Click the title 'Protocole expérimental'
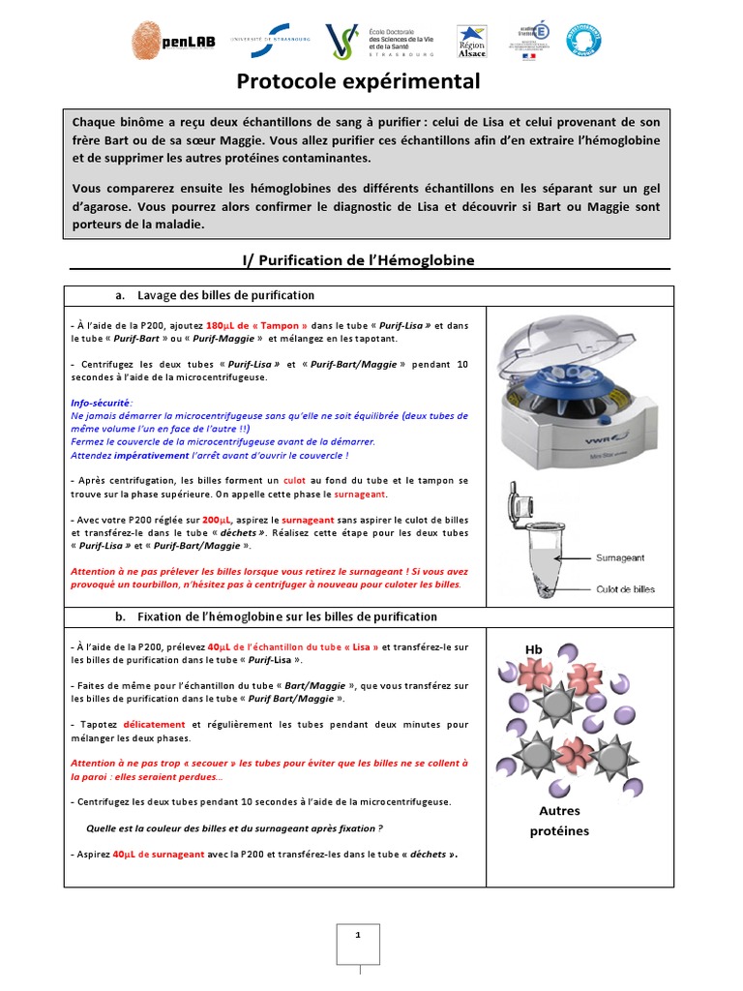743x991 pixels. coord(359,82)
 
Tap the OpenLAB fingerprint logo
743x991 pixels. coord(148,40)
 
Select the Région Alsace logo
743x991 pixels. coord(471,43)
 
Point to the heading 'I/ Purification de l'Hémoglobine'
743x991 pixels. coord(358,260)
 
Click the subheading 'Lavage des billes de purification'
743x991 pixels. coord(225,295)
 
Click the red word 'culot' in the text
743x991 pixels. coord(294,481)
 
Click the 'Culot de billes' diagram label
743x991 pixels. coord(625,589)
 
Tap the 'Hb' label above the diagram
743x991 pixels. coord(534,648)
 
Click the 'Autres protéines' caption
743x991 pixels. coord(559,821)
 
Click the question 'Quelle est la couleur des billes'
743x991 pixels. coord(234,828)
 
